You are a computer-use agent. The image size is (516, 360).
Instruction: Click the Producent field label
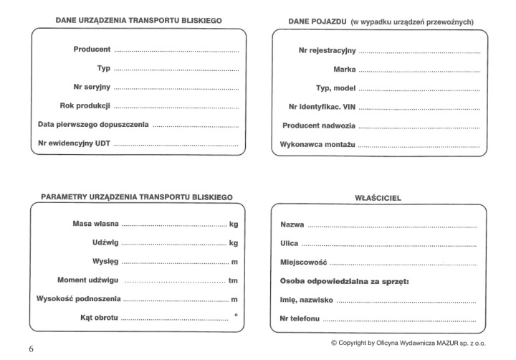[92, 49]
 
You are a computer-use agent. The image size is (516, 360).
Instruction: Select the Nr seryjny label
[92, 87]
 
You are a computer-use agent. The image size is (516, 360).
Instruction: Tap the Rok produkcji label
[84, 105]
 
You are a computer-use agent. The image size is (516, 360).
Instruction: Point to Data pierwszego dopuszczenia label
[93, 124]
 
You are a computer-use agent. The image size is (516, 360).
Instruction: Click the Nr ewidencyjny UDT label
[75, 143]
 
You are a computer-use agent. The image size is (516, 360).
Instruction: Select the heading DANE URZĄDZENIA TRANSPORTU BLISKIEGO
[138, 21]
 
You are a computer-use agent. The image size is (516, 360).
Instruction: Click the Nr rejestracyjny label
[327, 51]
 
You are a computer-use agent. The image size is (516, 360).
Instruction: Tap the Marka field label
[345, 70]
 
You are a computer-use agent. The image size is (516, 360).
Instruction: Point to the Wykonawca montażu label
[317, 144]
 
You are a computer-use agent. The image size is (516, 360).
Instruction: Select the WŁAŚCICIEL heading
[378, 196]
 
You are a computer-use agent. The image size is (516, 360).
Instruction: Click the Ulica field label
[289, 244]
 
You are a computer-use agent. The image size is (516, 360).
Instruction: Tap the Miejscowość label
[303, 262]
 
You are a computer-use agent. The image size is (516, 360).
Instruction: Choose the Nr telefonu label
[300, 318]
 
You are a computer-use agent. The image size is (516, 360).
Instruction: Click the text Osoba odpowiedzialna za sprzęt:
[344, 281]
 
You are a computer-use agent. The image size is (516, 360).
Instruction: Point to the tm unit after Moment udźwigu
[233, 280]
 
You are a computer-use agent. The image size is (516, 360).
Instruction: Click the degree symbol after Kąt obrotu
[236, 316]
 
